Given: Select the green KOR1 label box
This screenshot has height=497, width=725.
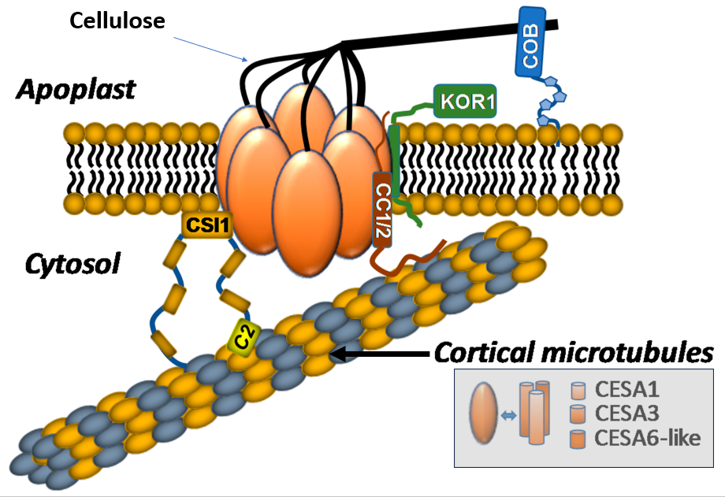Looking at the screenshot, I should coord(464,101).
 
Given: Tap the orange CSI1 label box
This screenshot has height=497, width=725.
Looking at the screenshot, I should coord(207,225).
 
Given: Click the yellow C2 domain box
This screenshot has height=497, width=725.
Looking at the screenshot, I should coord(244,339).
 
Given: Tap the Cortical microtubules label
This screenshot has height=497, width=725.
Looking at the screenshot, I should coord(574,351).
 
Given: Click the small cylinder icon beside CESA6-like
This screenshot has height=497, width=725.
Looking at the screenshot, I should coord(578,438).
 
